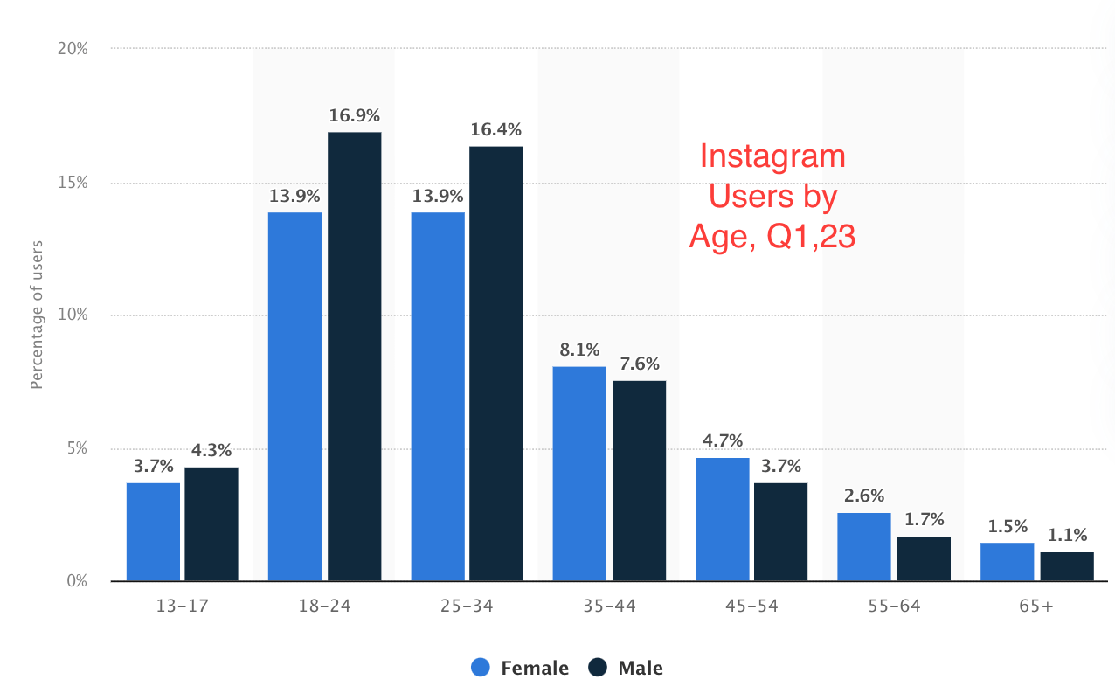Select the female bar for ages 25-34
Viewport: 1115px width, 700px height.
[x=438, y=397]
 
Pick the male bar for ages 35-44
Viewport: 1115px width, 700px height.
[x=639, y=481]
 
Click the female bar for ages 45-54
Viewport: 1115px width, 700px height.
[x=723, y=519]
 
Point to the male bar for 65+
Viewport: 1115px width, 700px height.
[x=1066, y=566]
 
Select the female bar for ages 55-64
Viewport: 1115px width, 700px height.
[x=864, y=547]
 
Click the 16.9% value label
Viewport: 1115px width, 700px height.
[x=354, y=115]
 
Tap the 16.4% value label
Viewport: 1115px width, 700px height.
[x=495, y=129]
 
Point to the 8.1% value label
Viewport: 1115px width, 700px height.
[x=579, y=350]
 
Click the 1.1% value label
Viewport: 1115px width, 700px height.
[x=1066, y=535]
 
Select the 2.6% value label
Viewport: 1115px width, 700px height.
[x=864, y=496]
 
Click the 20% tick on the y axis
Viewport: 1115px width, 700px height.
[x=73, y=49]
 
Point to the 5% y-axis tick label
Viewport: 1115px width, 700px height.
[x=77, y=448]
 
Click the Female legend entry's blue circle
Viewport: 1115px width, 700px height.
[x=481, y=668]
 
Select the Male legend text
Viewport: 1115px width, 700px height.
[x=641, y=669]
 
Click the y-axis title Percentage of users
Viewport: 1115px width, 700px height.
[x=37, y=315]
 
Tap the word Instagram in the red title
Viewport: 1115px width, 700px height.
[x=772, y=157]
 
